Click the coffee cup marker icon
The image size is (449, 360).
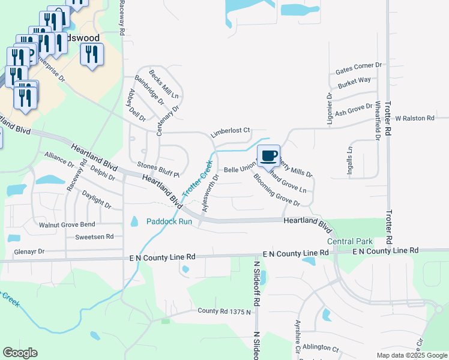(x=269, y=155)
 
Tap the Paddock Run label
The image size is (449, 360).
(x=169, y=221)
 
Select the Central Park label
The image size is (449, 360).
(x=350, y=241)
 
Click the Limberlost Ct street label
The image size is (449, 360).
(x=230, y=130)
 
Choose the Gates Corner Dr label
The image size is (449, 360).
(x=359, y=66)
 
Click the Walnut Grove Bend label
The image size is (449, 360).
(x=67, y=224)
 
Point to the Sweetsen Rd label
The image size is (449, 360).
(x=94, y=237)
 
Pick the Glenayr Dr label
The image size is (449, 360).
(x=29, y=252)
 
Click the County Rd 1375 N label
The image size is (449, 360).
(x=224, y=311)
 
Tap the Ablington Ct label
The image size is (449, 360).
(x=321, y=347)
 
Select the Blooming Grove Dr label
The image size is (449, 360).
(x=276, y=191)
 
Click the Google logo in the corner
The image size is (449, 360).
(x=20, y=353)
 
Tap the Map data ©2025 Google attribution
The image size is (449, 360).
(x=412, y=355)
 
